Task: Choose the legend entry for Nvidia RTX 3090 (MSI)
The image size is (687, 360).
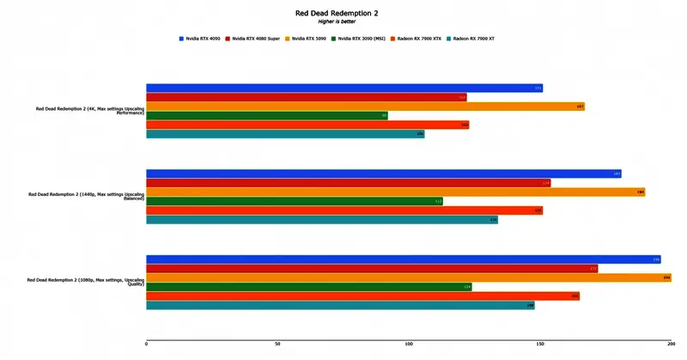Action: pyautogui.click(x=362, y=39)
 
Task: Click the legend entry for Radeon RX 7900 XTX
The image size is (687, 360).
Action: pyautogui.click(x=418, y=39)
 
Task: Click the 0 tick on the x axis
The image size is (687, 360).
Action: pyautogui.click(x=147, y=344)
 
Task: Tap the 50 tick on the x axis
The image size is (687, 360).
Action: pyautogui.click(x=277, y=344)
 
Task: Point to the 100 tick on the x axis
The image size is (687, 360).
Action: pyautogui.click(x=409, y=344)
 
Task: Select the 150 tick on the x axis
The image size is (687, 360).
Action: pyautogui.click(x=540, y=344)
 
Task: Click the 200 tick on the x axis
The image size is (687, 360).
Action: pyautogui.click(x=671, y=344)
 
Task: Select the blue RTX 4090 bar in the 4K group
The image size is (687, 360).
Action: pyautogui.click(x=344, y=88)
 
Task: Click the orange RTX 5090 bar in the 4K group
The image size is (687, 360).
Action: pyautogui.click(x=365, y=107)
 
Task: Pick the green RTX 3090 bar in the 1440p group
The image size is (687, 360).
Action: pyautogui.click(x=295, y=201)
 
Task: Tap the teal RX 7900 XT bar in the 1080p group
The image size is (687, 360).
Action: pyautogui.click(x=340, y=305)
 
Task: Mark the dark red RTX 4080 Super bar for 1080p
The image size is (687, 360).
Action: pyautogui.click(x=372, y=269)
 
